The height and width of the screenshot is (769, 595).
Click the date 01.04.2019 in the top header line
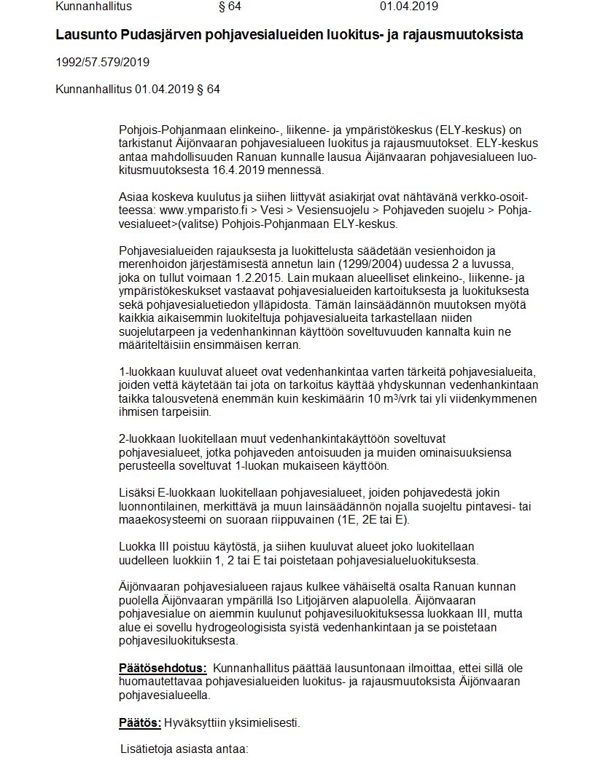pyautogui.click(x=410, y=7)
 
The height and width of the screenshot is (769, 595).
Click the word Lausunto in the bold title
pyautogui.click(x=85, y=35)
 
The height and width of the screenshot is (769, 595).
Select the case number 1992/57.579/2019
pyautogui.click(x=103, y=62)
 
